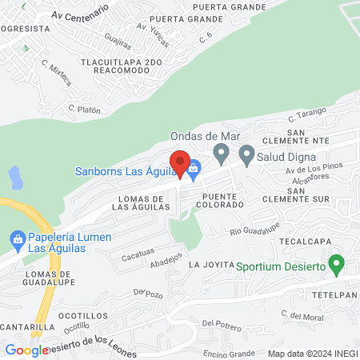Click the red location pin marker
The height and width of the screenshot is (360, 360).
click(182, 164)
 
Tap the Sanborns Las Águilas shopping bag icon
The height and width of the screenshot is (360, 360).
click(194, 169)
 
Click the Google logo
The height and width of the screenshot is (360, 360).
click(26, 350)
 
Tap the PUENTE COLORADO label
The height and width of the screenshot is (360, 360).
click(223, 200)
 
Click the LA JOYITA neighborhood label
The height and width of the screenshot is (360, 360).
click(210, 264)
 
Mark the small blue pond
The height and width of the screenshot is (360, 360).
click(13, 176)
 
